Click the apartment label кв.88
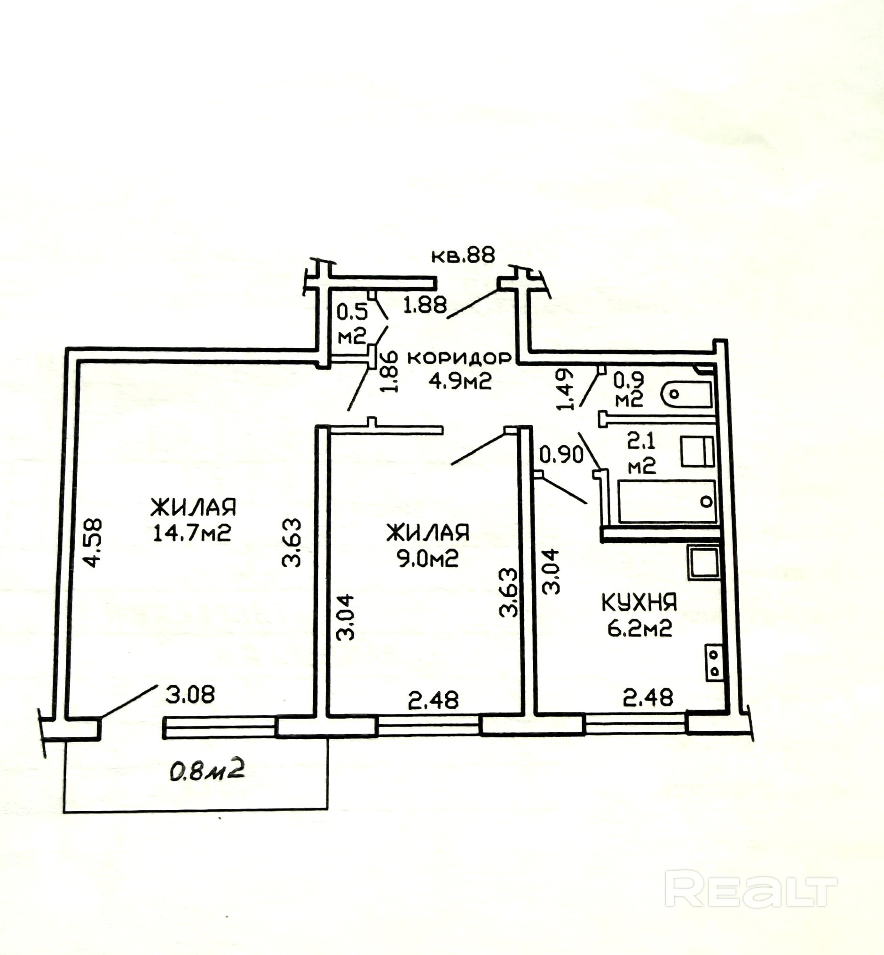click(x=463, y=255)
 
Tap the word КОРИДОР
click(x=460, y=358)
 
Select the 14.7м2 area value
click(x=192, y=533)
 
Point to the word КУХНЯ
click(x=639, y=603)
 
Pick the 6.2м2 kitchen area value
click(x=639, y=628)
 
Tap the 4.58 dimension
click(x=92, y=542)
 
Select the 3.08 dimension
click(x=190, y=694)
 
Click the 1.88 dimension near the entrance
click(x=425, y=305)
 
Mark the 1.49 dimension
click(x=564, y=388)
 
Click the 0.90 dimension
click(x=561, y=455)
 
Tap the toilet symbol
click(x=687, y=394)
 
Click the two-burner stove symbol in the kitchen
click(x=713, y=663)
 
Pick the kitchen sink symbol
click(x=703, y=563)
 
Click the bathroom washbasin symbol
click(x=697, y=452)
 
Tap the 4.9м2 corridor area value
click(x=460, y=381)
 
